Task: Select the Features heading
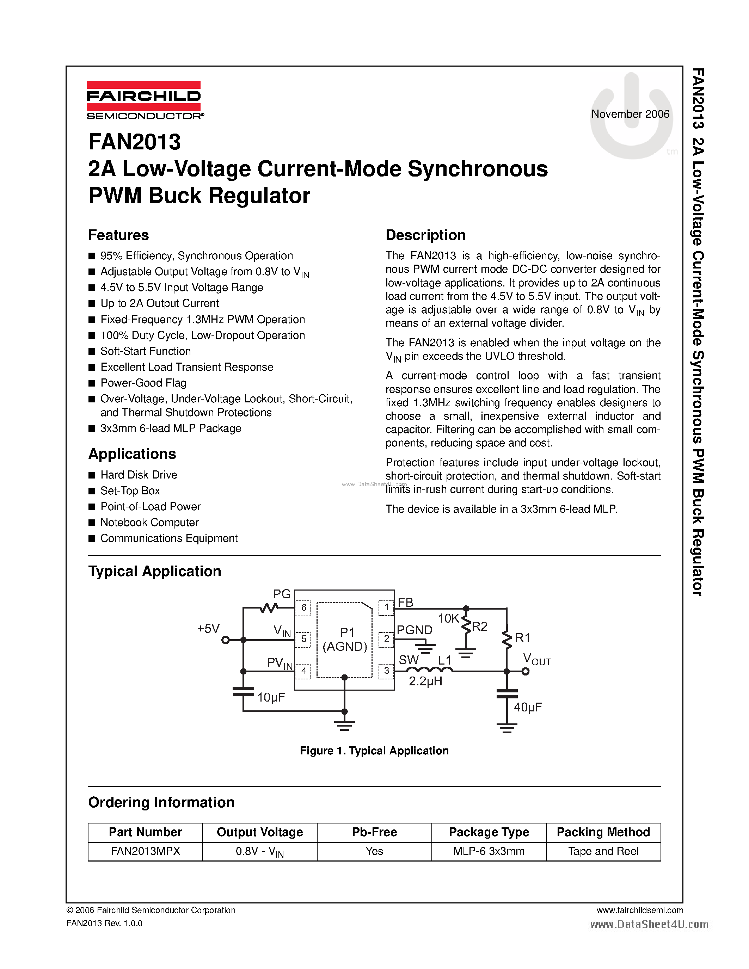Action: pos(118,235)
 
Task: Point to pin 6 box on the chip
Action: pos(303,607)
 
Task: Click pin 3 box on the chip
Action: pos(386,671)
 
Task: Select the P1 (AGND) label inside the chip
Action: pos(345,639)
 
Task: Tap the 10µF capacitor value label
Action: pos(271,697)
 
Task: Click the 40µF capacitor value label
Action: pos(528,707)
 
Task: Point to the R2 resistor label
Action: pos(480,627)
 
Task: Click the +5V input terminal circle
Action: pos(226,640)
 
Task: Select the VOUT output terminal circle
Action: pos(526,671)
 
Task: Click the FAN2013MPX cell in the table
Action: pos(145,851)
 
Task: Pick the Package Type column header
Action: pos(489,832)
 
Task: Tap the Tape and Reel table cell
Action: pos(603,851)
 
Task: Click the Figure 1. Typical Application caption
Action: pos(374,750)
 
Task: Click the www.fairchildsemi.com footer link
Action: pos(639,910)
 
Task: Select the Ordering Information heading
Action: pos(161,802)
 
